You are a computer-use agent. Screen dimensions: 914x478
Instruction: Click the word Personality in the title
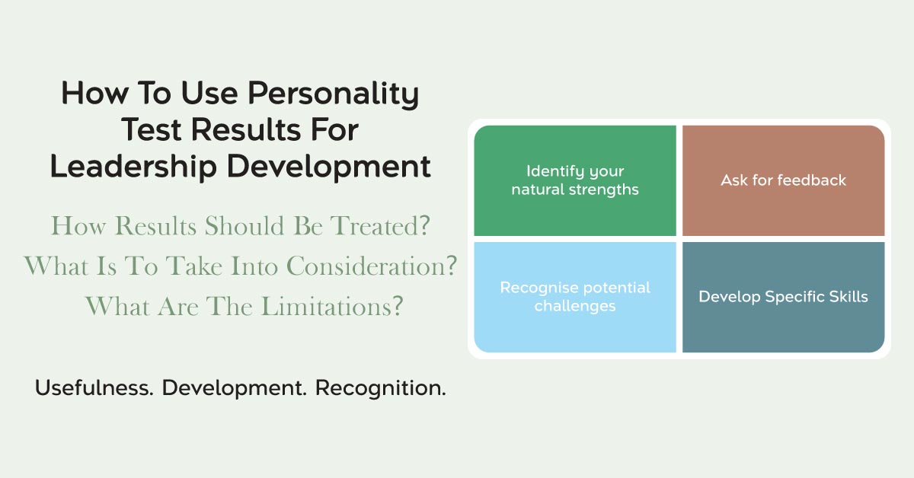pos(334,94)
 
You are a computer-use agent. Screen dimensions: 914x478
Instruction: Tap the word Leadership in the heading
pos(133,167)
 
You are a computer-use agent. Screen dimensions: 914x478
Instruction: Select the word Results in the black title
pos(246,129)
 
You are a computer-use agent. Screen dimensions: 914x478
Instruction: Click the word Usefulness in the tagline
pos(94,387)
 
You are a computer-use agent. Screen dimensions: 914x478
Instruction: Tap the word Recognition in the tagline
pos(381,388)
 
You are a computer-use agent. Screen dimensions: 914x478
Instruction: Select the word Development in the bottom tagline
pos(235,388)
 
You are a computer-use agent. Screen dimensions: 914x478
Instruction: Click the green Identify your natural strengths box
pos(575,180)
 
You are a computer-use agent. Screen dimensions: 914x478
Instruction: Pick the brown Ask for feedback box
pos(784,180)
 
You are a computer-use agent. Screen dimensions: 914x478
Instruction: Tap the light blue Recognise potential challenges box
pos(575,297)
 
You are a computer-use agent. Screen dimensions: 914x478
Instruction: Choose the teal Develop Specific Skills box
pos(784,297)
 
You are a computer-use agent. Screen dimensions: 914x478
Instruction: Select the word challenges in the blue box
pos(575,306)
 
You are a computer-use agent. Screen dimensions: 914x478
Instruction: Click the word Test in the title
pos(151,129)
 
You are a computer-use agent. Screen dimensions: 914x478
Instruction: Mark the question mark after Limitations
pos(398,306)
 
